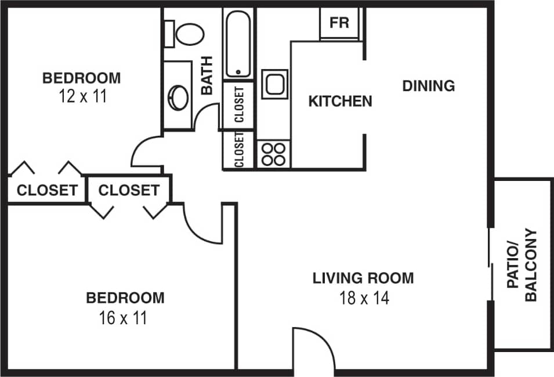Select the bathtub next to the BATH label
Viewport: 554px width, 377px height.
(x=237, y=45)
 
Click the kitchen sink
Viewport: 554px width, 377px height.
(x=274, y=84)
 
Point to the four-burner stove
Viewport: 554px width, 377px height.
(x=273, y=154)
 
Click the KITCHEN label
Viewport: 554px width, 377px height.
(x=340, y=101)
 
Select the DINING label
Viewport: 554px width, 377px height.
(x=429, y=86)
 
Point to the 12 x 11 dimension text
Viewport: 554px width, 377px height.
(x=82, y=96)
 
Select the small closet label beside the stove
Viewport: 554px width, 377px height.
(x=238, y=150)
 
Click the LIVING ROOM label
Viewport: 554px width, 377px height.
(x=364, y=278)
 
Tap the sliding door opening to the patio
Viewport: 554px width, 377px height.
(x=491, y=264)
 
